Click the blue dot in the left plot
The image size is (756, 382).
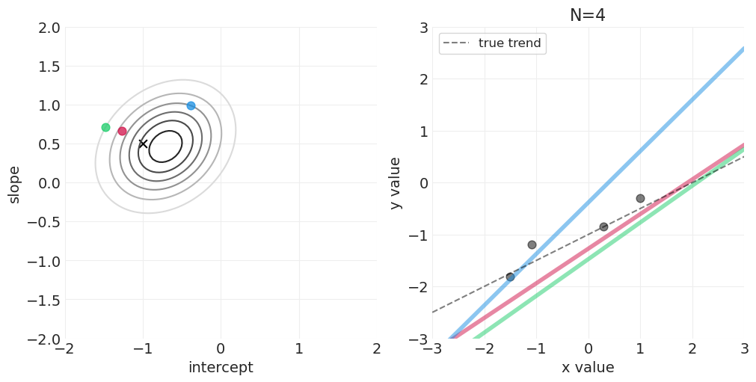(x=191, y=105)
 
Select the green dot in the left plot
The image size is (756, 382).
(x=105, y=127)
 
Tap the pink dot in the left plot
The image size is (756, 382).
(x=122, y=131)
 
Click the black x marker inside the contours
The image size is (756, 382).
(x=143, y=144)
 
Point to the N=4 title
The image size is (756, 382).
(x=588, y=16)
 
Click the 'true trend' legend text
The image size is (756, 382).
(x=509, y=43)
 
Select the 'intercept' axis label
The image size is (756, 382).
(x=221, y=368)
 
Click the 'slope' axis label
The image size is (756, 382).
(x=14, y=184)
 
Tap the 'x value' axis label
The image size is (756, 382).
(x=588, y=368)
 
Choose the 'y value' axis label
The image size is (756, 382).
(x=396, y=183)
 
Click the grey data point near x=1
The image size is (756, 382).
(x=640, y=198)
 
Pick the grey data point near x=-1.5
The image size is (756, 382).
(x=510, y=277)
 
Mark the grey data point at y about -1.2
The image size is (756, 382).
(x=532, y=244)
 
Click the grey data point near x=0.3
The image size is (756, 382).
(x=603, y=227)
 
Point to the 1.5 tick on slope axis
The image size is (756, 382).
(x=49, y=67)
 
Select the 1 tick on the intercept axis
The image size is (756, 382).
(x=298, y=349)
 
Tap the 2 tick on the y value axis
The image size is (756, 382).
(x=422, y=79)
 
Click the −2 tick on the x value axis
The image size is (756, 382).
(x=484, y=349)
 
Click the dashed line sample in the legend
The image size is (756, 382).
(x=456, y=43)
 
